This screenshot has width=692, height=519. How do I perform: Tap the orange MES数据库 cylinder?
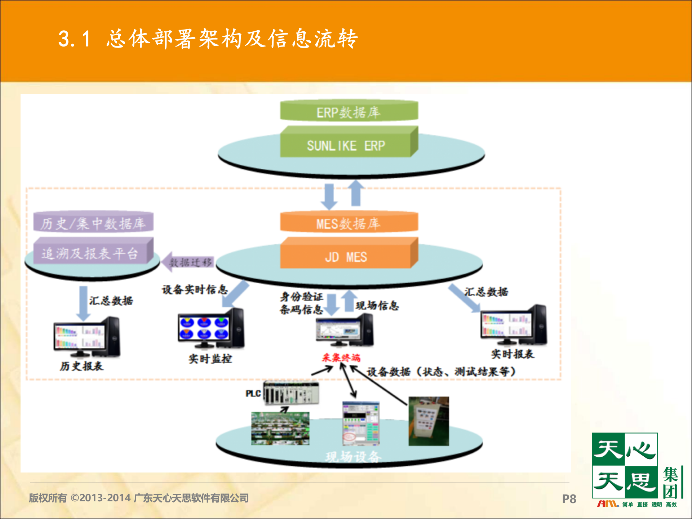coord(349,223)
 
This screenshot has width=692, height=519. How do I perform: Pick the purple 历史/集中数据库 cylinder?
coord(93,223)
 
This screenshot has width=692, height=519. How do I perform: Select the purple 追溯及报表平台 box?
coord(90,253)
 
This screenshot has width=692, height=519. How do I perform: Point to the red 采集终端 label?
coord(341,358)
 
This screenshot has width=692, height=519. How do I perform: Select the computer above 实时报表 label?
coord(513,324)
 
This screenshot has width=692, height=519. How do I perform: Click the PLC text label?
coord(253,394)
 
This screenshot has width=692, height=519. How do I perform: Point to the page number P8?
coord(569,499)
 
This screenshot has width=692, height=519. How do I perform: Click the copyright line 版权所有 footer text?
coord(139,498)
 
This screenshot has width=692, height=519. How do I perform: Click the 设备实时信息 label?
coord(195,289)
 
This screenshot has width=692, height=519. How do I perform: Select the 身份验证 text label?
coord(301,297)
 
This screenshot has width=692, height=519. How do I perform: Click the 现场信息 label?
coord(377,306)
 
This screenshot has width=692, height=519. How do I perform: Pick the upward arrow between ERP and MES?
coord(356,194)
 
